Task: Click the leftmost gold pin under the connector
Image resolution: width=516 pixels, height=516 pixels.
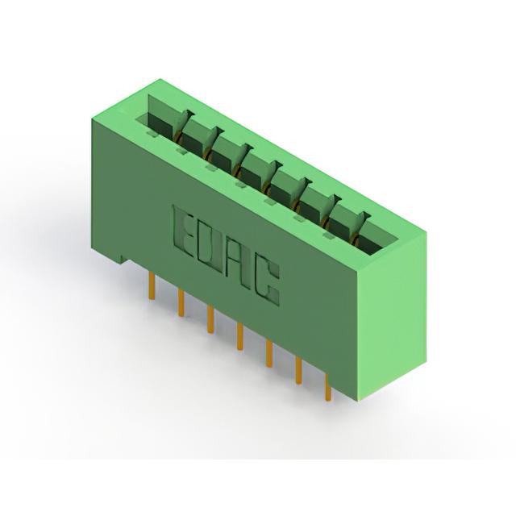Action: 152,286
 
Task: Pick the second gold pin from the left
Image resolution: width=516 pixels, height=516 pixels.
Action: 181,303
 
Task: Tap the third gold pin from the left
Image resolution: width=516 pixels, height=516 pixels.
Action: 210,319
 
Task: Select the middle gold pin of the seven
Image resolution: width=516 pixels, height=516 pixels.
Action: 240,336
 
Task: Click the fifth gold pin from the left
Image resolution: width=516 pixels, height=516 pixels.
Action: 269,353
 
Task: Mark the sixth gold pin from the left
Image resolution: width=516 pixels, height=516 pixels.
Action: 299,370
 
